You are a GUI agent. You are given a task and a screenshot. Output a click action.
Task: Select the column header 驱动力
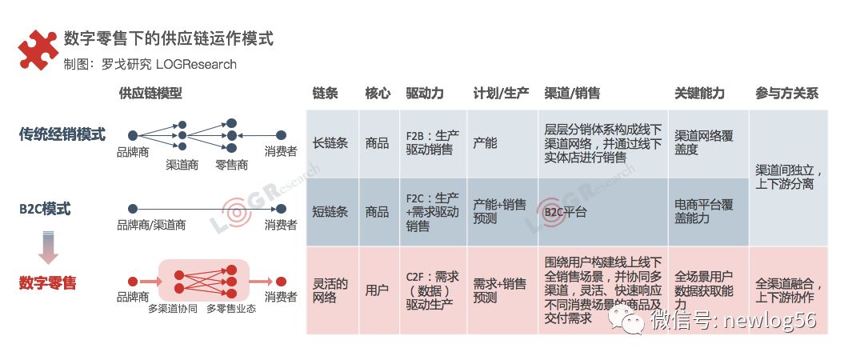425,94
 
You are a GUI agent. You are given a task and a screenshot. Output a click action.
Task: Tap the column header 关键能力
699,94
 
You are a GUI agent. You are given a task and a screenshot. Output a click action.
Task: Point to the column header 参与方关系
786,94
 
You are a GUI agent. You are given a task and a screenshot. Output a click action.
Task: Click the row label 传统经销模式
62,135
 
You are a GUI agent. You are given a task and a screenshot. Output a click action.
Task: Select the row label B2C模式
46,210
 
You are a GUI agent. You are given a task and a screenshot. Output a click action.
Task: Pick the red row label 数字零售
48,282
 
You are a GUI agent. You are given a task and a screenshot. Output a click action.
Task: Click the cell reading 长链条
330,143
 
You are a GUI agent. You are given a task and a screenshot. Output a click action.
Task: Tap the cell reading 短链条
330,212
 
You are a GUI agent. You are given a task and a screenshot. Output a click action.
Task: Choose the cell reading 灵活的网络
330,290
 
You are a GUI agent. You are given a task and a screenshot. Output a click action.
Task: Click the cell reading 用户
377,290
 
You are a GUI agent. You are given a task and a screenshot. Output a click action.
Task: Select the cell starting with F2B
432,143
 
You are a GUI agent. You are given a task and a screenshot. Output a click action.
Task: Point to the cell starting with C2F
432,290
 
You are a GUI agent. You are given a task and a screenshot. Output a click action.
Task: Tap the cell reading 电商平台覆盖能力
703,212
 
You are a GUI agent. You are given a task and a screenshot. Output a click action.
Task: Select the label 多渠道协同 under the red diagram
172,308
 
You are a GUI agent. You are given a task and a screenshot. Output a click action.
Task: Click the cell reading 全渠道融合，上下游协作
789,290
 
